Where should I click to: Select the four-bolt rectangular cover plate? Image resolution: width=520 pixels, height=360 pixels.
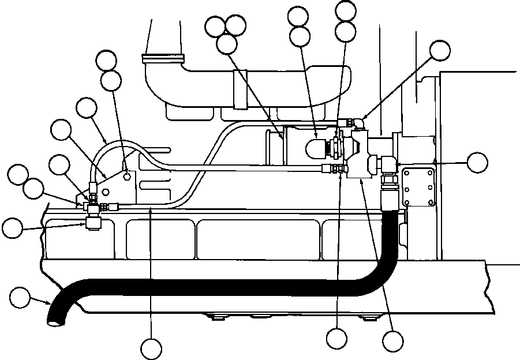point(418,185)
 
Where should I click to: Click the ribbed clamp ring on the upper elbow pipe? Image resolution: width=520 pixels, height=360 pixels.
point(163,58)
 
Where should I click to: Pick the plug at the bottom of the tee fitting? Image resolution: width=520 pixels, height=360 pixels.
point(92,224)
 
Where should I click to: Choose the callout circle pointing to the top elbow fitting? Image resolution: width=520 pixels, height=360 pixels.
point(440,50)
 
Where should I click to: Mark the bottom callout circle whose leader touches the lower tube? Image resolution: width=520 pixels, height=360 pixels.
point(152,348)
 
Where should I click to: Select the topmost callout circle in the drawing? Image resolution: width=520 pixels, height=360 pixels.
point(346,9)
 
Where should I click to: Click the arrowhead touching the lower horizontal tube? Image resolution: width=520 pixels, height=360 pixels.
point(151,211)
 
